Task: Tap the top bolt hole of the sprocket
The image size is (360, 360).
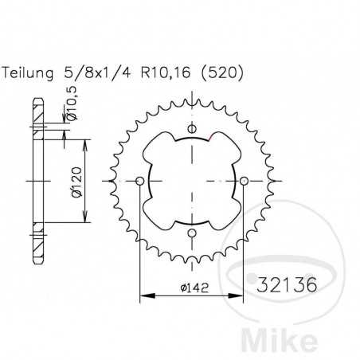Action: click(x=191, y=131)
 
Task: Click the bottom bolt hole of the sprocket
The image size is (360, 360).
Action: click(x=191, y=233)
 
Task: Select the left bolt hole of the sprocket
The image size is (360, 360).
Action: click(x=140, y=182)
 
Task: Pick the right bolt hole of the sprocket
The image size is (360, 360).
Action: click(x=242, y=182)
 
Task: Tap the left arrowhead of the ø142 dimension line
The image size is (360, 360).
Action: click(x=144, y=297)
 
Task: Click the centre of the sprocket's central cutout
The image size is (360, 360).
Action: click(x=191, y=182)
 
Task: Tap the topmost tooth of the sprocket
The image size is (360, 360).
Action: click(x=191, y=98)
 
